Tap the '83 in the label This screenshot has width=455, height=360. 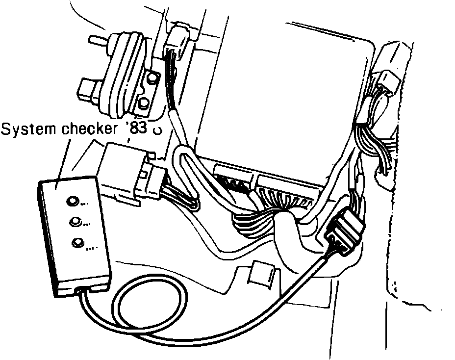tap(137, 130)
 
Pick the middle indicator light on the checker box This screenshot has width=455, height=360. tap(75, 222)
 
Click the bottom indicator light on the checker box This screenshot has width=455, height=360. tap(77, 242)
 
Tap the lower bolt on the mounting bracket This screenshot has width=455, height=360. tap(144, 103)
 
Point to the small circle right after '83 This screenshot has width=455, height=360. tap(157, 131)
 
